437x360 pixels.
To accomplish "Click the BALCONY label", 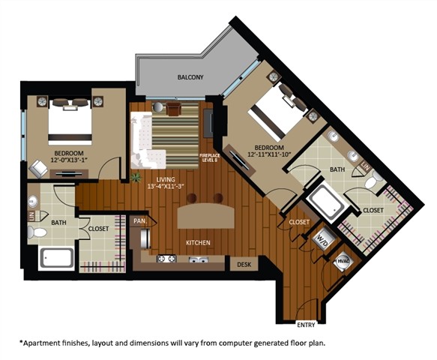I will pyautogui.click(x=190, y=77).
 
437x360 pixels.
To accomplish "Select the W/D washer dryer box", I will pyautogui.click(x=324, y=241).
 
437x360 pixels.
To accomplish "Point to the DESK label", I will pyautogui.click(x=244, y=264).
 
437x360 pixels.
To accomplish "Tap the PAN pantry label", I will pyautogui.click(x=139, y=221).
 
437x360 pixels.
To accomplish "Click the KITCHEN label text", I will pyautogui.click(x=198, y=243).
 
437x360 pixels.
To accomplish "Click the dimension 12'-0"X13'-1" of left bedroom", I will pyautogui.click(x=69, y=159).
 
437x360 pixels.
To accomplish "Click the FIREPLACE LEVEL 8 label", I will pyautogui.click(x=208, y=158).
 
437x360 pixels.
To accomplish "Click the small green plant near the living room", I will pyautogui.click(x=136, y=178).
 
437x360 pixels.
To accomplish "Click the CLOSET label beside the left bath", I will pyautogui.click(x=99, y=228).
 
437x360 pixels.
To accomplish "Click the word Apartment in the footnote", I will pyautogui.click(x=46, y=343).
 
